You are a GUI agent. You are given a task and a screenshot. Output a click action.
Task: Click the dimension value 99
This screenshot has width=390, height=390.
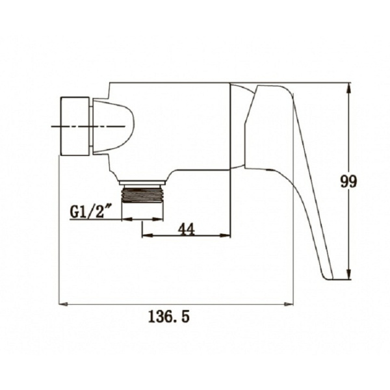348,181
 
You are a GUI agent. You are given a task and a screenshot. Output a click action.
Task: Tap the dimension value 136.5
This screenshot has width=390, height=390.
169,317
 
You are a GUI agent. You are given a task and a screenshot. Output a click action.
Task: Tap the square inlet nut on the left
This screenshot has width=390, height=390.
75,126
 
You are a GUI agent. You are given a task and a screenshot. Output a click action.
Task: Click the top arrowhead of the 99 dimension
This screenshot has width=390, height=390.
349,88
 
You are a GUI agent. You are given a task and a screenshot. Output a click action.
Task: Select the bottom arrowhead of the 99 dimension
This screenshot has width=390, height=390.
349,274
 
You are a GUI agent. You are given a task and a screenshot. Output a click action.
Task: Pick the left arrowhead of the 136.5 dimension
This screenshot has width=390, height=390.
63,304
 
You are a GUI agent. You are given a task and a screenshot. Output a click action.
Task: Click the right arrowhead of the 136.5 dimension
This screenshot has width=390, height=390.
289,304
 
